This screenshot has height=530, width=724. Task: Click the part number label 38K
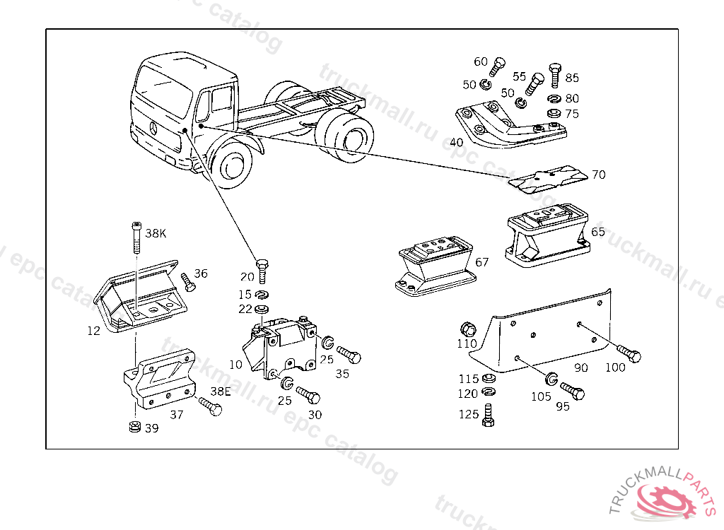tap(156, 232)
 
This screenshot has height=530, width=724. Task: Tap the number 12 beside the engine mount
tap(94, 330)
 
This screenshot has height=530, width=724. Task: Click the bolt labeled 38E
tap(210, 406)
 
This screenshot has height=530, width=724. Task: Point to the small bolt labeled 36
tap(188, 283)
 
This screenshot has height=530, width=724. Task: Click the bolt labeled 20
tap(263, 269)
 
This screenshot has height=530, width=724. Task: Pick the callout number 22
tap(245, 309)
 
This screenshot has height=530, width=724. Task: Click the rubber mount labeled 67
tap(433, 266)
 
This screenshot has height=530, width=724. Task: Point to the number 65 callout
tap(598, 231)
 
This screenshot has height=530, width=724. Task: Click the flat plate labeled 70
tap(549, 177)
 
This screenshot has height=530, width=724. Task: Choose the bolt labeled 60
tap(498, 69)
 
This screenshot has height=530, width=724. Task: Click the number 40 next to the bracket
tap(457, 142)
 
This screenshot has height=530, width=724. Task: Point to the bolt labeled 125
tap(487, 415)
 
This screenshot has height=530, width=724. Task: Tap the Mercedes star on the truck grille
tap(152, 128)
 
